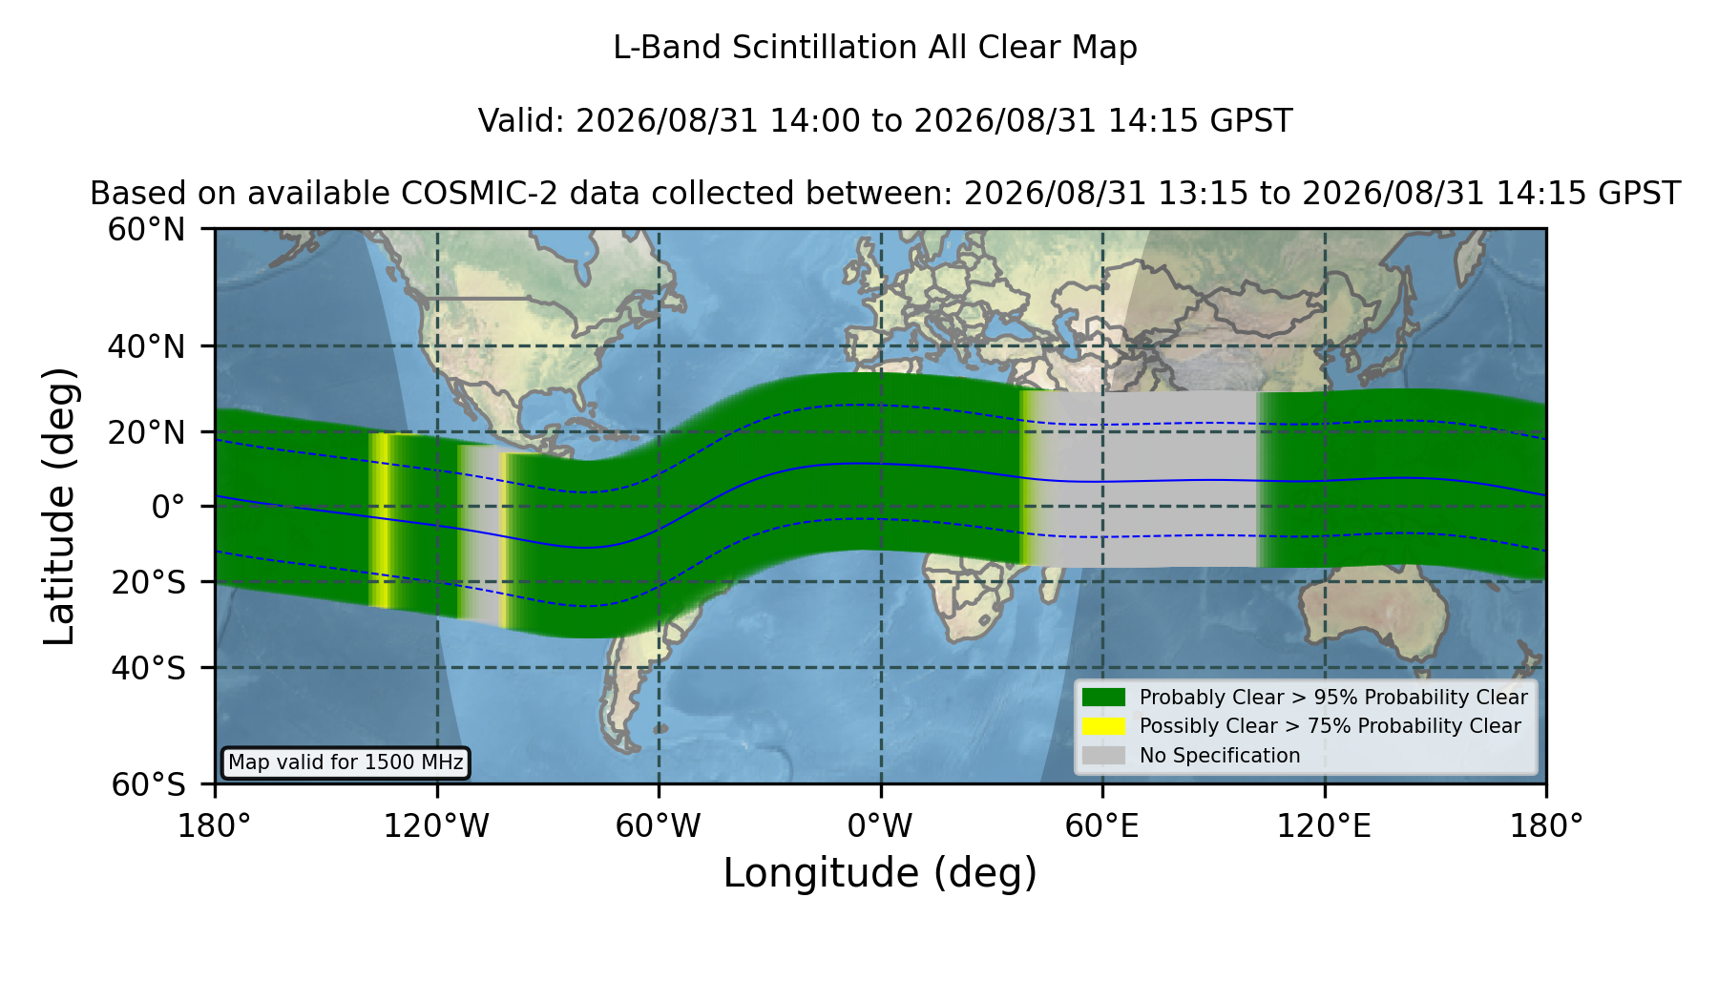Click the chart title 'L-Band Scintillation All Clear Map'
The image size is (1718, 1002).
click(x=874, y=48)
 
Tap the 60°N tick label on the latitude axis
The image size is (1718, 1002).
click(x=146, y=230)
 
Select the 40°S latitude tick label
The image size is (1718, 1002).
click(x=148, y=668)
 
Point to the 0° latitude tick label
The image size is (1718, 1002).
click(x=168, y=507)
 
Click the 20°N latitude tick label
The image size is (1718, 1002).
click(x=146, y=432)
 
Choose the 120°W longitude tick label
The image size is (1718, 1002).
click(x=436, y=826)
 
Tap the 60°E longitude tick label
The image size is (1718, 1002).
click(x=1102, y=826)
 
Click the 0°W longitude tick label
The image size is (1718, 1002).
click(x=880, y=826)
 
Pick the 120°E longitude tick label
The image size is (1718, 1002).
click(x=1324, y=826)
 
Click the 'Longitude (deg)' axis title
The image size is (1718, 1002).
click(x=880, y=873)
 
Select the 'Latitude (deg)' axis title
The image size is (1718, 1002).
click(x=59, y=506)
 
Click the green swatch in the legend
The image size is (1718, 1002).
click(x=1103, y=698)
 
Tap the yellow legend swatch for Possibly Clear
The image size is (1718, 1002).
click(x=1103, y=726)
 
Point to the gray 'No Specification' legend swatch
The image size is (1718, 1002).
click(x=1103, y=756)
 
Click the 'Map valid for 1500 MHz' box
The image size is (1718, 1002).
click(x=346, y=762)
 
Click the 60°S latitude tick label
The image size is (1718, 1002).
click(x=148, y=785)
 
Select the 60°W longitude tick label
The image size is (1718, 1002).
click(x=658, y=826)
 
